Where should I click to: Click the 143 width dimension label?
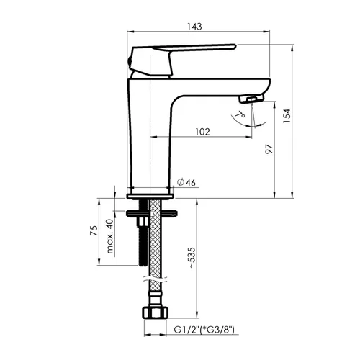pos(194,27)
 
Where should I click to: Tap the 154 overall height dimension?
pos(287,116)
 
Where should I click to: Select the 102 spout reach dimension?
pos(203,132)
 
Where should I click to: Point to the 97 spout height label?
pos(269,149)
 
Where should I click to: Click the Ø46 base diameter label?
pos(186,182)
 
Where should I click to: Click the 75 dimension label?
pos(94,230)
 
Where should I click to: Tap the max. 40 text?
pos(109,236)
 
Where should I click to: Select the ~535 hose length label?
pos(192,258)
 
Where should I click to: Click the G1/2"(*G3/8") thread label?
pos(204,330)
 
